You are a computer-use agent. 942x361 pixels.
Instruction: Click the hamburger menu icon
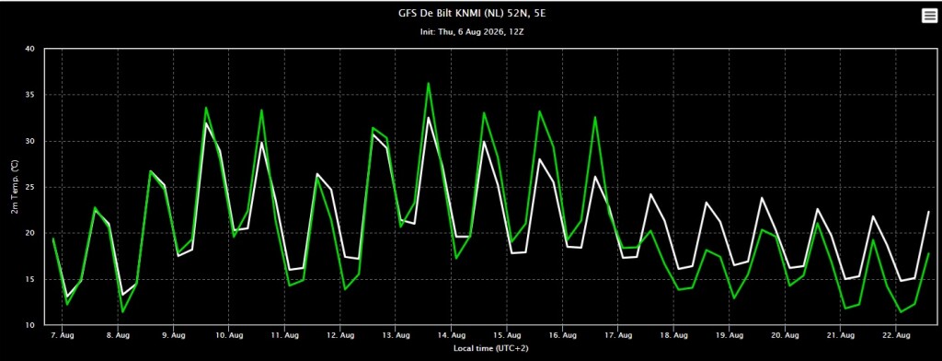point(929,17)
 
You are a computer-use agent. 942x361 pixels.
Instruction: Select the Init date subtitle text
point(474,31)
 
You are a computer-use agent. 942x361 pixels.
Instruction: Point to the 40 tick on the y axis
point(30,49)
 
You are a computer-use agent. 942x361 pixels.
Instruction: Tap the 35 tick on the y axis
point(30,95)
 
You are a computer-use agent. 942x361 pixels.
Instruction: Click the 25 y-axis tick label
point(30,187)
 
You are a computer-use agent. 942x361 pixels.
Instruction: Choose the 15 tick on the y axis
point(30,279)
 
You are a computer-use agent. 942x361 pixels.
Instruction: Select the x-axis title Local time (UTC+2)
point(491,348)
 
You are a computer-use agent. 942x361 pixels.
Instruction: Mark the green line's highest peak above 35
point(429,83)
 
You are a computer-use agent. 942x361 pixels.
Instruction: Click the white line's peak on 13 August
point(429,117)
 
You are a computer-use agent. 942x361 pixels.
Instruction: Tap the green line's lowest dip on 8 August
point(122,311)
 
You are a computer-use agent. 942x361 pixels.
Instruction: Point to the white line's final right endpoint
point(929,212)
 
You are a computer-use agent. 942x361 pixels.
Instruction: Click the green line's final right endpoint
point(929,253)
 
